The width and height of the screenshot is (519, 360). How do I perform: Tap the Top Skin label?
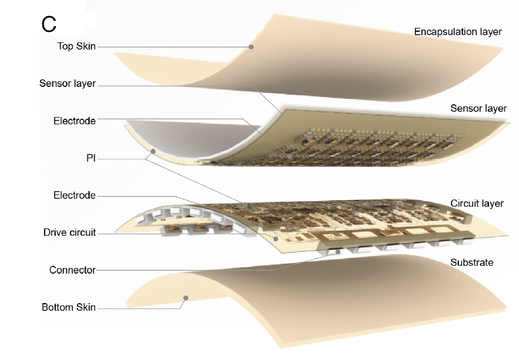tap(76, 46)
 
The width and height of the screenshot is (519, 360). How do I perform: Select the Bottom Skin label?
tap(68, 307)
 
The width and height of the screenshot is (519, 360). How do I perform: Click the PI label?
tap(91, 158)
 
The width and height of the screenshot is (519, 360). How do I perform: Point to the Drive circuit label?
tap(70, 232)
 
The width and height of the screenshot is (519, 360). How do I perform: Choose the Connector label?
tap(72, 270)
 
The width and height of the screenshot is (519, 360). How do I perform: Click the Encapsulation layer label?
tap(458, 32)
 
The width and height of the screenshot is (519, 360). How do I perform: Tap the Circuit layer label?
tap(477, 203)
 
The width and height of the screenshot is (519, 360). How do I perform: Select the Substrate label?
tap(472, 262)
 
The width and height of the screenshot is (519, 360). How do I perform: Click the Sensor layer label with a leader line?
tap(67, 84)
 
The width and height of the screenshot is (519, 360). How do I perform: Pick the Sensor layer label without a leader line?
tap(478, 108)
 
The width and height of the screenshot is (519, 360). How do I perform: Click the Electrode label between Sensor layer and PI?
tap(75, 120)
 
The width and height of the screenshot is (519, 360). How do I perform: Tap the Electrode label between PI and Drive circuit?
tap(75, 195)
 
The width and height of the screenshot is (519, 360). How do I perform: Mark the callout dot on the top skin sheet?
tap(251, 47)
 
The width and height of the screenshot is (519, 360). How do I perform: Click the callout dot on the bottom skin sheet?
tap(187, 298)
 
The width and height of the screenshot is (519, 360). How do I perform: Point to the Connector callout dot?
tap(338, 251)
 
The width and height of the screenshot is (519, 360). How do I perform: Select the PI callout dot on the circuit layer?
tap(244, 205)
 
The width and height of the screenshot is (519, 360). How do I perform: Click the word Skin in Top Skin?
tap(86, 46)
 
